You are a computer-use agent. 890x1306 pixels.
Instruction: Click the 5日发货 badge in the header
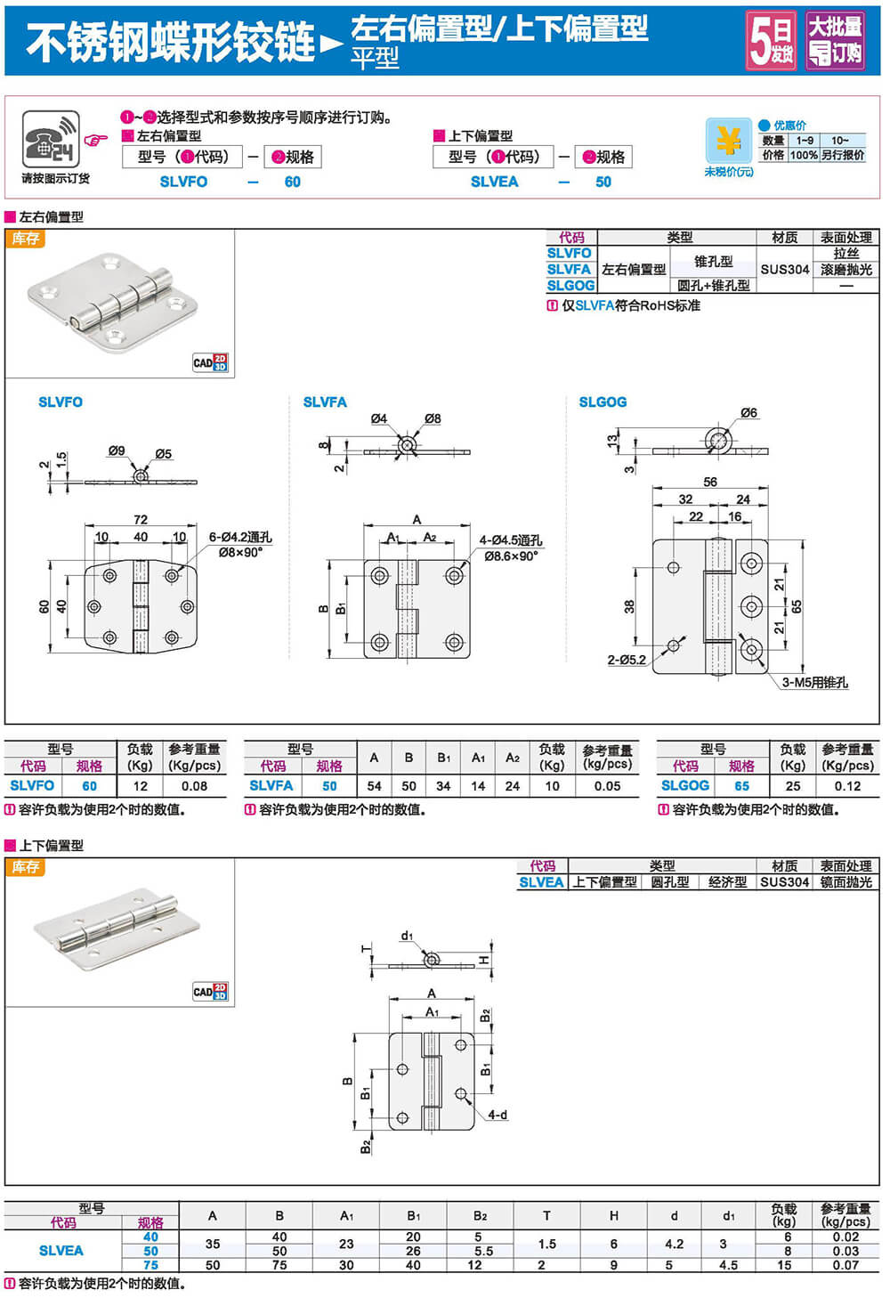tap(770, 40)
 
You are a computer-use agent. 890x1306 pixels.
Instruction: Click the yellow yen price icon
tap(728, 141)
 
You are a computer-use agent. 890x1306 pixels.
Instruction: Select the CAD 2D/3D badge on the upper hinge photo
tap(210, 362)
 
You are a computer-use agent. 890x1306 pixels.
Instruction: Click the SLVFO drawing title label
tap(61, 402)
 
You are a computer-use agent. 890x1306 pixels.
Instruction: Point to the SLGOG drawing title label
tap(603, 402)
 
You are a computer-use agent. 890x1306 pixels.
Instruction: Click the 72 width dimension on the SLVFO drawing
tap(141, 519)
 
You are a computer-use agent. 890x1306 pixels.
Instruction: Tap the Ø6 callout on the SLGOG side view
tap(748, 413)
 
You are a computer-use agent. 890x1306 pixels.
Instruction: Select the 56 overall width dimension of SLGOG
tap(709, 482)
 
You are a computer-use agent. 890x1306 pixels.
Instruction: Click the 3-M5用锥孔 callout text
tap(814, 683)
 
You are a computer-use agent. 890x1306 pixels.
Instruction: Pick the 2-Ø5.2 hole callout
tap(627, 660)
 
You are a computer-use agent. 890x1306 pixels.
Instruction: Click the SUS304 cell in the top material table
tap(784, 269)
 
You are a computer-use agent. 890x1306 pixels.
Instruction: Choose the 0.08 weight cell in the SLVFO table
tap(194, 786)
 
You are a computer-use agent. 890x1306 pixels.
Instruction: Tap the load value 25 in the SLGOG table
tap(793, 786)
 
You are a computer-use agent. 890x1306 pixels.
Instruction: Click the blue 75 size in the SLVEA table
tap(150, 1265)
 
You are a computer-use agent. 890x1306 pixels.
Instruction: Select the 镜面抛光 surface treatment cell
tap(845, 882)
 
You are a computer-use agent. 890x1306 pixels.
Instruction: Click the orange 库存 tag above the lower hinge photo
tap(26, 867)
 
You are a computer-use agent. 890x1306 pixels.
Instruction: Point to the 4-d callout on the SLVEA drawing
tap(498, 1115)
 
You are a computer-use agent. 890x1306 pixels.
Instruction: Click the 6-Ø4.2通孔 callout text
tap(240, 537)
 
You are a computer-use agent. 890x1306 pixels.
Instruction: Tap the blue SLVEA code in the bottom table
tap(61, 1251)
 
